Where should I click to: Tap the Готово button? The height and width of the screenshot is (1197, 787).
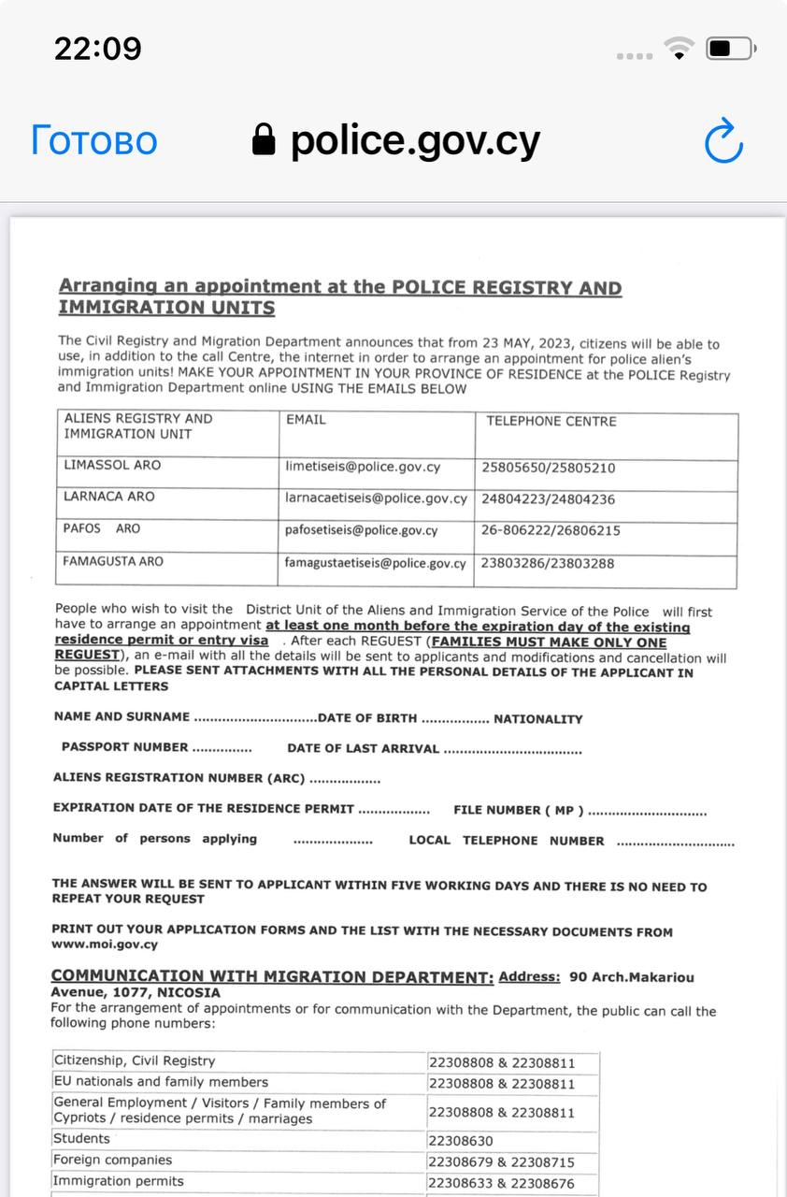[x=93, y=141]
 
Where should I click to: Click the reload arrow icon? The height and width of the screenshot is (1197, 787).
[x=723, y=141]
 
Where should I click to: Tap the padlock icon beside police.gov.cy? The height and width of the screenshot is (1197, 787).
[x=265, y=141]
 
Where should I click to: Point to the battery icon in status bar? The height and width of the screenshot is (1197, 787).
[x=729, y=49]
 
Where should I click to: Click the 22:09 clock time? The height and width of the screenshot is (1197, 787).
[x=97, y=49]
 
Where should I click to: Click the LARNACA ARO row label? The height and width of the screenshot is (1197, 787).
[x=109, y=497]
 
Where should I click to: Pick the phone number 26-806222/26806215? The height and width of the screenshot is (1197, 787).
[x=551, y=530]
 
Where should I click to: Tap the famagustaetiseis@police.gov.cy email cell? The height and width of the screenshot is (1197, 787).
[x=375, y=563]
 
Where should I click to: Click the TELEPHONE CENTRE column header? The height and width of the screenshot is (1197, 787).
[x=551, y=421]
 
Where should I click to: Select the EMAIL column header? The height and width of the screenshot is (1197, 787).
[x=306, y=420]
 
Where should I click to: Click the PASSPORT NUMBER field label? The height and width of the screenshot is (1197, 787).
[x=124, y=747]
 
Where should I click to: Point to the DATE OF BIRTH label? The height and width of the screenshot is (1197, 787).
[x=367, y=718]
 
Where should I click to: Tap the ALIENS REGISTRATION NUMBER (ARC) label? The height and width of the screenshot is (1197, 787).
[x=179, y=777]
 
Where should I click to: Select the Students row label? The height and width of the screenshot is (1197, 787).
[x=81, y=1138]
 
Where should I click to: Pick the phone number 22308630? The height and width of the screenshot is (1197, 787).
[x=461, y=1141]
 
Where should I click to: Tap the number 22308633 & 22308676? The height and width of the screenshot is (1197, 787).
[x=501, y=1183]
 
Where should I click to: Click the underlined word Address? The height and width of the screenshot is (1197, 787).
[x=529, y=977]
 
